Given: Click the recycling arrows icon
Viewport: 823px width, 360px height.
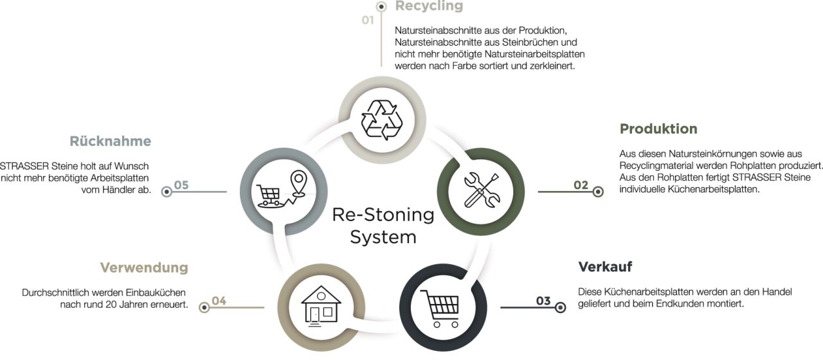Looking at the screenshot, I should click(382, 118).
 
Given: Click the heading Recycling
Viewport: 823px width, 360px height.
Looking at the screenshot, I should click(429, 6).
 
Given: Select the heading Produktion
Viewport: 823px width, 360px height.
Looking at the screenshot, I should click(658, 129).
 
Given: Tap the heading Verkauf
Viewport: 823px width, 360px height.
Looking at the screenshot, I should click(605, 267).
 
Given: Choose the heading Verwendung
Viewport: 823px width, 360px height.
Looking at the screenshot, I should click(144, 267).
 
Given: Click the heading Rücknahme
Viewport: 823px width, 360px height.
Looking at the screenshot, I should click(110, 141).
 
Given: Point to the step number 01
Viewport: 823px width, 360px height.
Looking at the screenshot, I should click(368, 21).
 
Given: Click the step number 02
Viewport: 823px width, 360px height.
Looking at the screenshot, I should click(581, 185).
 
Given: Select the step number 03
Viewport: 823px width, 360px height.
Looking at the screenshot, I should click(543, 301).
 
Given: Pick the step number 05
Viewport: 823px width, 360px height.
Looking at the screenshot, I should click(181, 185).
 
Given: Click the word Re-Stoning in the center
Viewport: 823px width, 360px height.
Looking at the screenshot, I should click(383, 215).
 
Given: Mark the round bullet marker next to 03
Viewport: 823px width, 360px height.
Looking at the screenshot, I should click(560, 307).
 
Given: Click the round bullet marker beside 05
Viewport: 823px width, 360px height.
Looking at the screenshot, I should click(167, 191).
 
